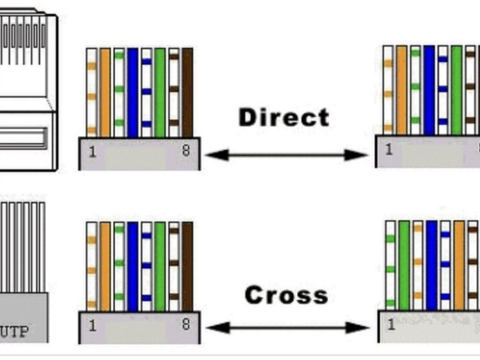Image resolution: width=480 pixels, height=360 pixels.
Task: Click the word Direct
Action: tap(283, 118)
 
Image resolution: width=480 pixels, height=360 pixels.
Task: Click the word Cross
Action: tap(286, 295)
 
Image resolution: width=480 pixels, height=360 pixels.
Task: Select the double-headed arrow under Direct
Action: tap(286, 154)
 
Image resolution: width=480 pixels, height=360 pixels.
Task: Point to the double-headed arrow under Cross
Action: tap(287, 327)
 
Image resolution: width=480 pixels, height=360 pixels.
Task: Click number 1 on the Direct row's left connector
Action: tap(93, 152)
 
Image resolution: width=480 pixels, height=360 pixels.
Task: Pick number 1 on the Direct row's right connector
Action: tap(389, 150)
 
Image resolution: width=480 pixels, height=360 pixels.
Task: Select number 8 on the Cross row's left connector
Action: tap(186, 325)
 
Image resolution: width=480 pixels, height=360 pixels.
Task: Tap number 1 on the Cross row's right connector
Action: tap(391, 325)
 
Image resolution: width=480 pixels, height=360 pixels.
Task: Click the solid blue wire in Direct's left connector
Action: tap(133, 92)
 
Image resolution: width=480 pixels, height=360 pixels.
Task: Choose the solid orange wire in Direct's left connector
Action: tap(105, 92)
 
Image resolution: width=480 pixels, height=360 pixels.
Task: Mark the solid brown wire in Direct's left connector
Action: tap(187, 92)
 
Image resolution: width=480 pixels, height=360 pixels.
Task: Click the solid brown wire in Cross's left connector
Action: tap(187, 266)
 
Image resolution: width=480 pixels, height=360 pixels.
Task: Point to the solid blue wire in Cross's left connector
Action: tap(133, 266)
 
